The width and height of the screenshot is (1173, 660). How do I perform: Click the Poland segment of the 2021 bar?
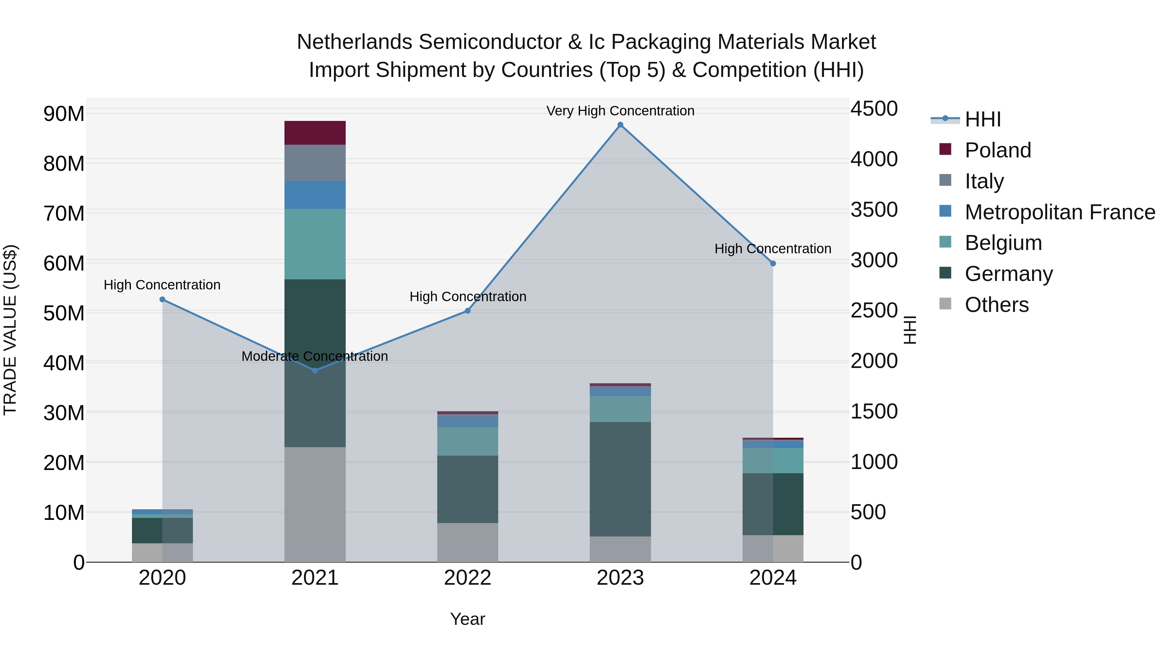click(315, 133)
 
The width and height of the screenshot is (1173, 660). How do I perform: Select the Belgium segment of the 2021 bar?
click(315, 244)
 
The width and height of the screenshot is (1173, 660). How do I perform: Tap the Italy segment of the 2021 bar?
click(315, 163)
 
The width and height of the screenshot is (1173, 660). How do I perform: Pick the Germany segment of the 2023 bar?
click(620, 479)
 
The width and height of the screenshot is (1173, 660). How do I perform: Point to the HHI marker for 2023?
click(620, 125)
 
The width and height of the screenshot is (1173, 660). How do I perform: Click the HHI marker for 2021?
click(315, 370)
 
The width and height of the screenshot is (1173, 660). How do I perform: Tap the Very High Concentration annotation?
click(620, 111)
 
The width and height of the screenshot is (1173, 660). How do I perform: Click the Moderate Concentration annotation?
click(315, 356)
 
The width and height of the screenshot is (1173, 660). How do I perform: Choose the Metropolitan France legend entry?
click(1059, 212)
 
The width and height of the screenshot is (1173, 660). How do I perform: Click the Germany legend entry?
click(1008, 274)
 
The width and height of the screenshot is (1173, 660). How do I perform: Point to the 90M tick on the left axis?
click(64, 113)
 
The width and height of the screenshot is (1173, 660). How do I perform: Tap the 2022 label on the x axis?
click(467, 578)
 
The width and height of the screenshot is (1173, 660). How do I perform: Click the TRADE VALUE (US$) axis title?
click(10, 330)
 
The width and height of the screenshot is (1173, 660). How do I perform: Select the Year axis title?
click(467, 619)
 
